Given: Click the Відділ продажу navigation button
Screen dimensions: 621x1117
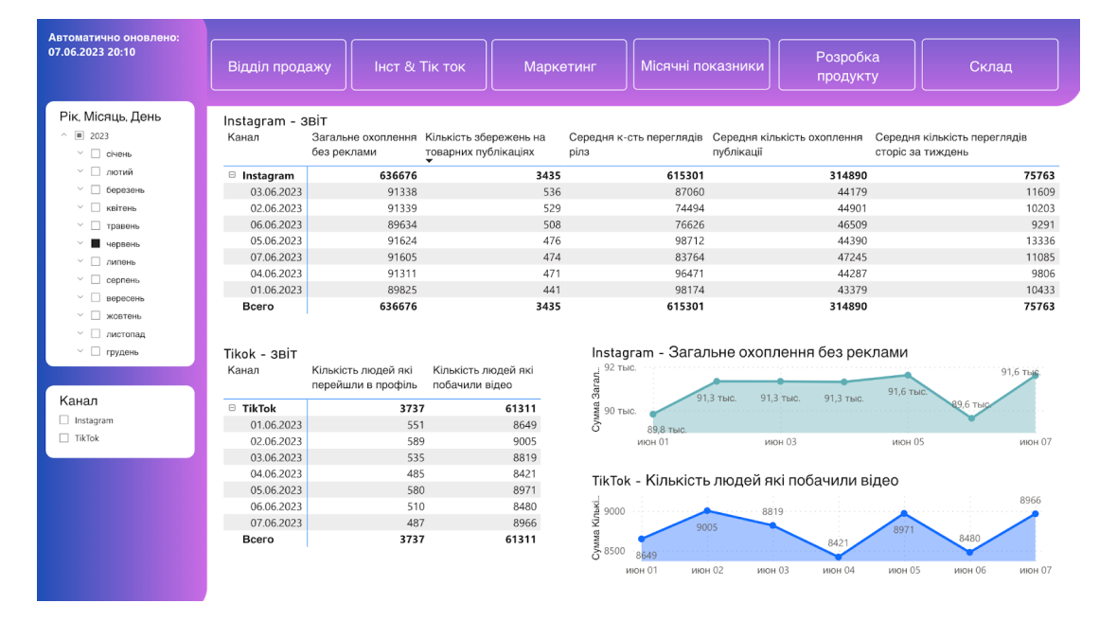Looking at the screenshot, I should (279, 66).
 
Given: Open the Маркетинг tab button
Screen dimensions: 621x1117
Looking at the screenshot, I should (559, 66).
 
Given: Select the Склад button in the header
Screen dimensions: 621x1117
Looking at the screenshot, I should (990, 66).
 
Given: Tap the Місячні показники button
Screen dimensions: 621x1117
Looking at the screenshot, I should (702, 65).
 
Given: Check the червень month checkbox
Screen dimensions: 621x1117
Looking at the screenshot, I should (96, 243).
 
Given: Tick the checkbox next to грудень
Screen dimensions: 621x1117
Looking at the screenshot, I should (96, 352).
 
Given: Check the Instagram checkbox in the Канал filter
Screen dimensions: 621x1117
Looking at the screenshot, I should (64, 420).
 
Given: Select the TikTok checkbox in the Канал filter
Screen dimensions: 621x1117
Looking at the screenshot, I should (64, 438).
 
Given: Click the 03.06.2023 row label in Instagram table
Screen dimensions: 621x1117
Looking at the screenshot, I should (275, 192).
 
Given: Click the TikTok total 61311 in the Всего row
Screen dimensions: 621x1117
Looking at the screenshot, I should (521, 540).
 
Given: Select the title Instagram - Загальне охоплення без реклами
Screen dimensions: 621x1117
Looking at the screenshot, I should (750, 352).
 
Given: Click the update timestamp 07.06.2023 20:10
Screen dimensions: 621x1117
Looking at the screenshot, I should (92, 52).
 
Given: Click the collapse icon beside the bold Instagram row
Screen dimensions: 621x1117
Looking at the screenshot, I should (232, 175).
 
